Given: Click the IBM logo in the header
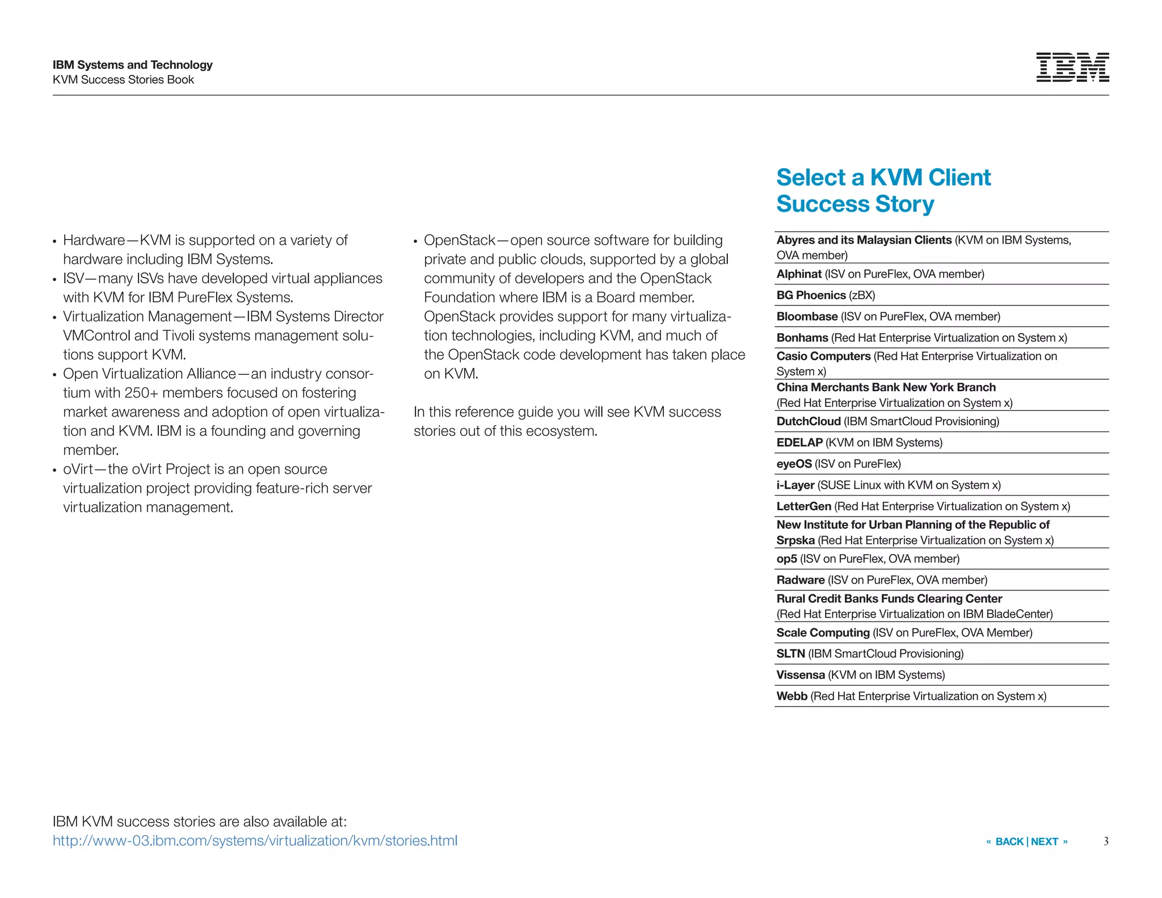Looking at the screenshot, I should (x=1072, y=68).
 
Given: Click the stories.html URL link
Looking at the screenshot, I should (x=255, y=841).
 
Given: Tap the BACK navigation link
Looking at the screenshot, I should (x=1009, y=842).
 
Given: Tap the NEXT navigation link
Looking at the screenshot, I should (x=1045, y=842).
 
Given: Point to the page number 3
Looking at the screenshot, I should (x=1106, y=841).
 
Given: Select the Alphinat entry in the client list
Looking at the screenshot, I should (x=799, y=274).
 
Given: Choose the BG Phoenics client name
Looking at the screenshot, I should (x=811, y=295).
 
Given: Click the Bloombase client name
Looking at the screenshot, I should (x=807, y=317).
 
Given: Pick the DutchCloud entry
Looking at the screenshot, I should (x=809, y=421).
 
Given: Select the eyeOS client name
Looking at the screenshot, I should (x=794, y=464).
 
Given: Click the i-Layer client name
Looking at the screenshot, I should (x=795, y=485).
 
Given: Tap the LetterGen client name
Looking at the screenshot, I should (x=803, y=506).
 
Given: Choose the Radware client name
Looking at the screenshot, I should (x=801, y=580).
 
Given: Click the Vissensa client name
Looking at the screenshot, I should (x=801, y=675).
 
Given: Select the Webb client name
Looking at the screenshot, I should (x=791, y=696).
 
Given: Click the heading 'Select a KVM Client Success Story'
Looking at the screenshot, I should (x=883, y=191).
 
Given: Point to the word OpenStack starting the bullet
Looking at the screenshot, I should (x=460, y=240).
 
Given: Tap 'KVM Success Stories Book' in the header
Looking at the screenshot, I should (x=123, y=80).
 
